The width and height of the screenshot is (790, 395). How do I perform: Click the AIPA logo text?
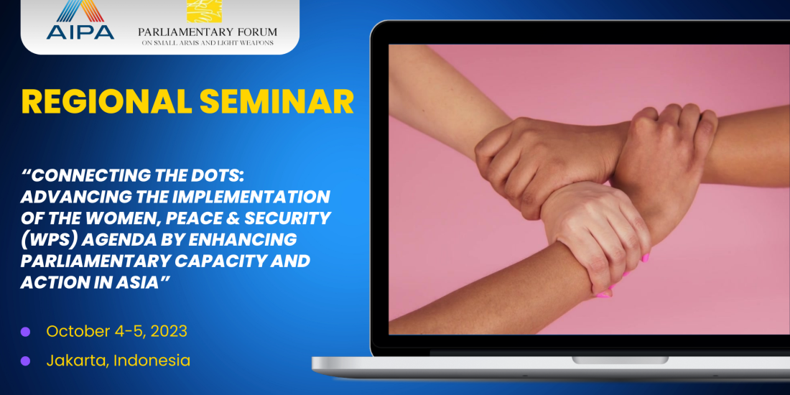click(x=80, y=31)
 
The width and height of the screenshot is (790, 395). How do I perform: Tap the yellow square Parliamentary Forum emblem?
click(x=205, y=11)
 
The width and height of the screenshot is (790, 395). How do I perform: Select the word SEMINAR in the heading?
click(x=276, y=102)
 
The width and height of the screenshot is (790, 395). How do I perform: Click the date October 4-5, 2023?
click(x=117, y=332)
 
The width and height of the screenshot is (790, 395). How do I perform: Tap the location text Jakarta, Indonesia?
click(x=118, y=361)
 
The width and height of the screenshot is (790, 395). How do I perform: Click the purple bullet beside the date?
click(x=25, y=332)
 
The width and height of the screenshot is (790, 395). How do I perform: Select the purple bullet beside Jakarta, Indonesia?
click(x=25, y=361)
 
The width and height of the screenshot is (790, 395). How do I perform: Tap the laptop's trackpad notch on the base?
click(x=621, y=361)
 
